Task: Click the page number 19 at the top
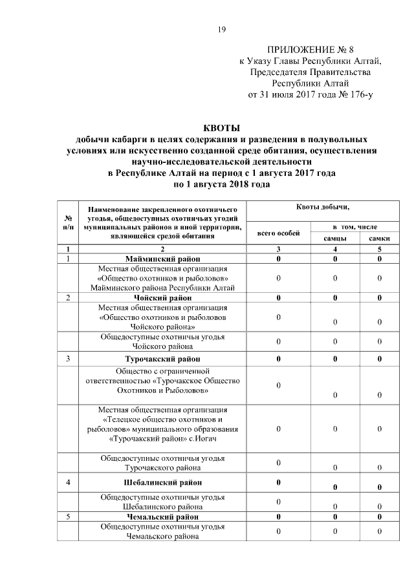pyautogui.click(x=221, y=30)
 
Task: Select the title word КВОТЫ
pyautogui.click(x=222, y=128)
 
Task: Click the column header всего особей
pyautogui.click(x=278, y=233)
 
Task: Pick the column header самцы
pyautogui.click(x=334, y=239)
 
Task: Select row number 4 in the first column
pyautogui.click(x=68, y=482)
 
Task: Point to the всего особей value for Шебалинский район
pyautogui.click(x=278, y=482)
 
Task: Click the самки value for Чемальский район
pyautogui.click(x=379, y=517)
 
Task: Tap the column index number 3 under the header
pyautogui.click(x=278, y=249)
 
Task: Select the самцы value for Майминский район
pyautogui.click(x=334, y=259)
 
